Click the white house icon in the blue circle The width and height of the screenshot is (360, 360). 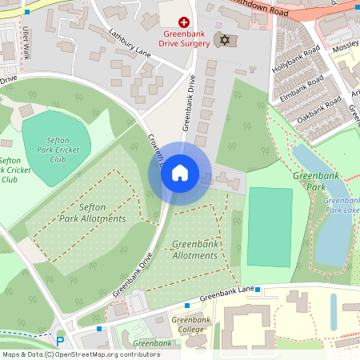180,173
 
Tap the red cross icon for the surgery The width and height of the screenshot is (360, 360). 184,23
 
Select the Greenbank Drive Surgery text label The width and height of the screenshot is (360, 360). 184,40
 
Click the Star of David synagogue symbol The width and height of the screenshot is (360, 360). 225,40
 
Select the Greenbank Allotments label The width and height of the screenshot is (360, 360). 194,250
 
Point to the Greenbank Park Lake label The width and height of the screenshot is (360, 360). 341,206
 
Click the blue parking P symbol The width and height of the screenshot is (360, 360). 59,342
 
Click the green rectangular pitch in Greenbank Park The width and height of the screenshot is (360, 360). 270,228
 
